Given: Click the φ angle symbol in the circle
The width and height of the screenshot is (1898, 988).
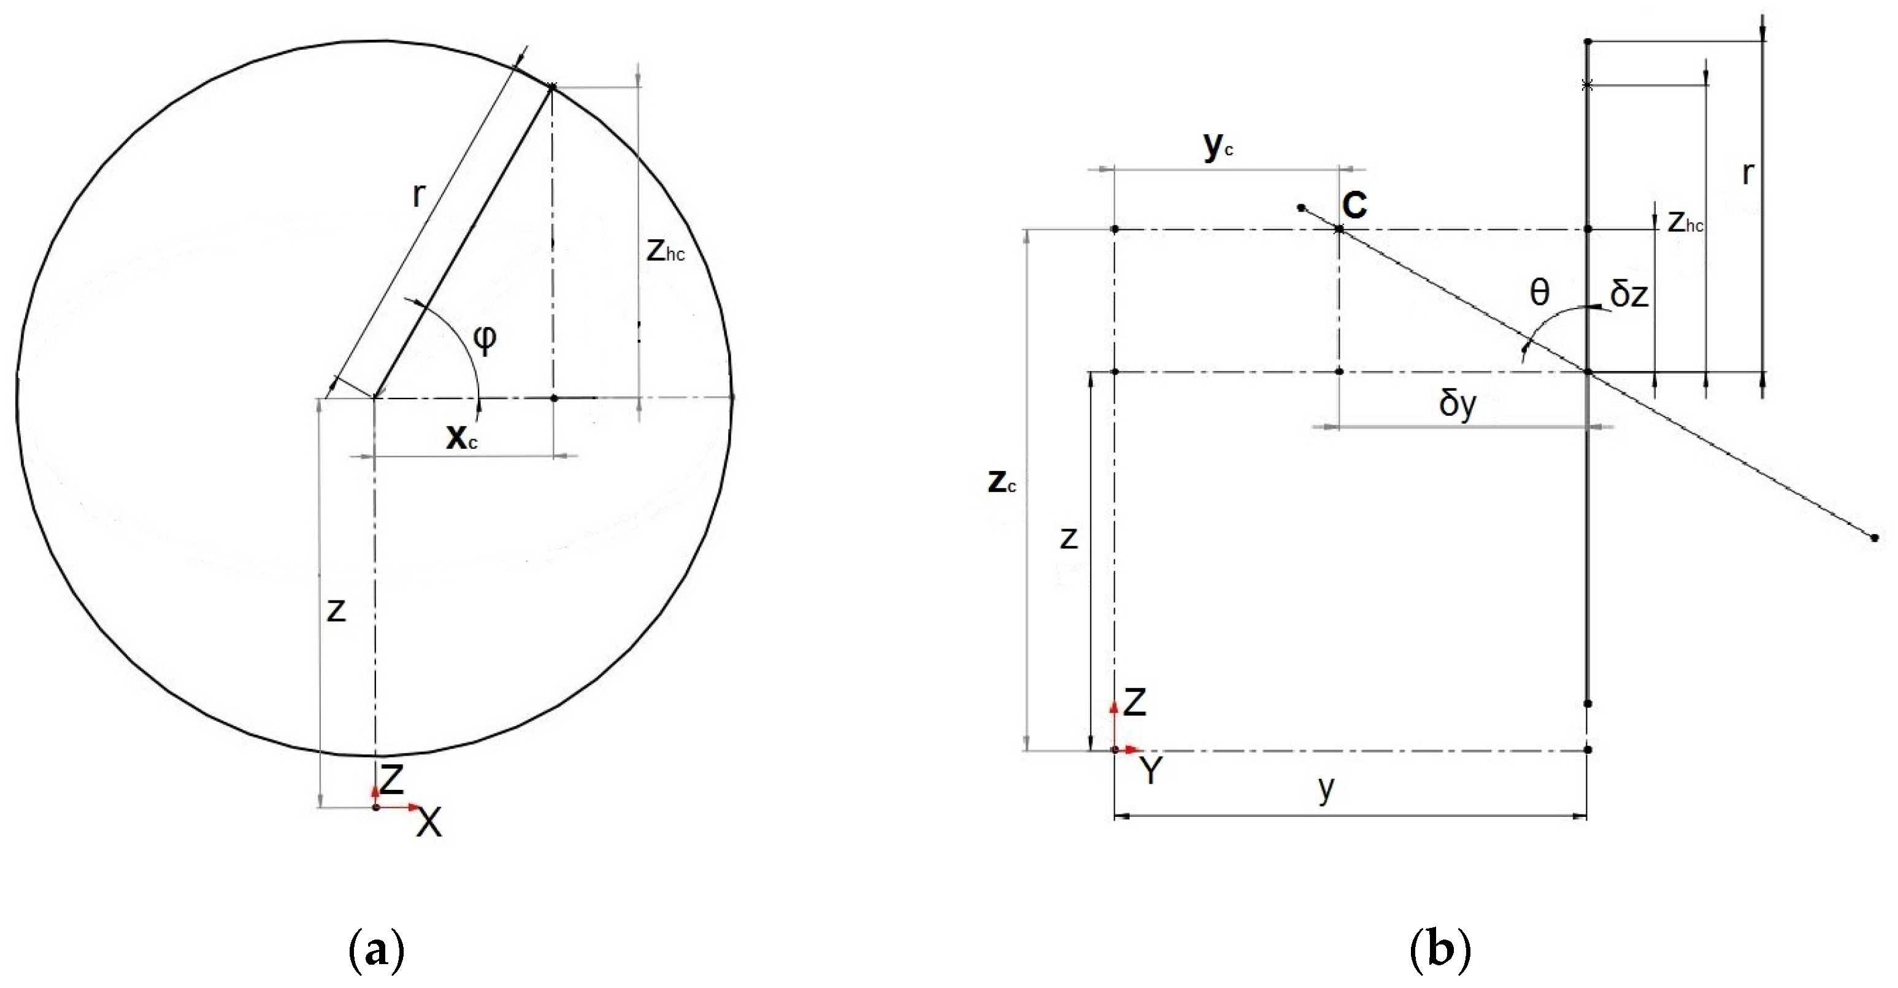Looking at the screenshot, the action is (484, 340).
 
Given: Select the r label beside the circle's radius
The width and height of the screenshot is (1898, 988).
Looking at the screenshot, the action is (418, 194).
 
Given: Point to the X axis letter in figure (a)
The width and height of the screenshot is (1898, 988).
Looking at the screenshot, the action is (429, 822).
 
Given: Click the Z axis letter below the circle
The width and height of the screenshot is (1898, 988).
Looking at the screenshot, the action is (392, 779).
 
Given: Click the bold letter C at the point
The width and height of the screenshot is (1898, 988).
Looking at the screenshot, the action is (1354, 205).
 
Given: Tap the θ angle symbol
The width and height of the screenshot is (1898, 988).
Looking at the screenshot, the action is (1540, 293).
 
